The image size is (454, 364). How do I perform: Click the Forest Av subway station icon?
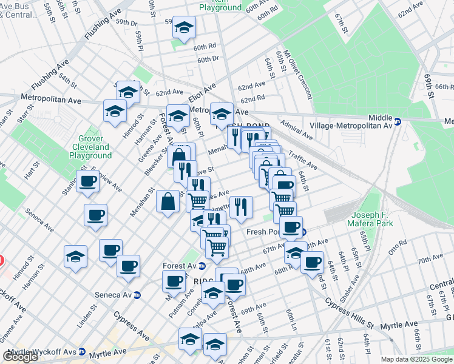202,266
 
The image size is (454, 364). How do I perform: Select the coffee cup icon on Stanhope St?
87,181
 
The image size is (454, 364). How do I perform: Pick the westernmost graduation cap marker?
75,256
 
